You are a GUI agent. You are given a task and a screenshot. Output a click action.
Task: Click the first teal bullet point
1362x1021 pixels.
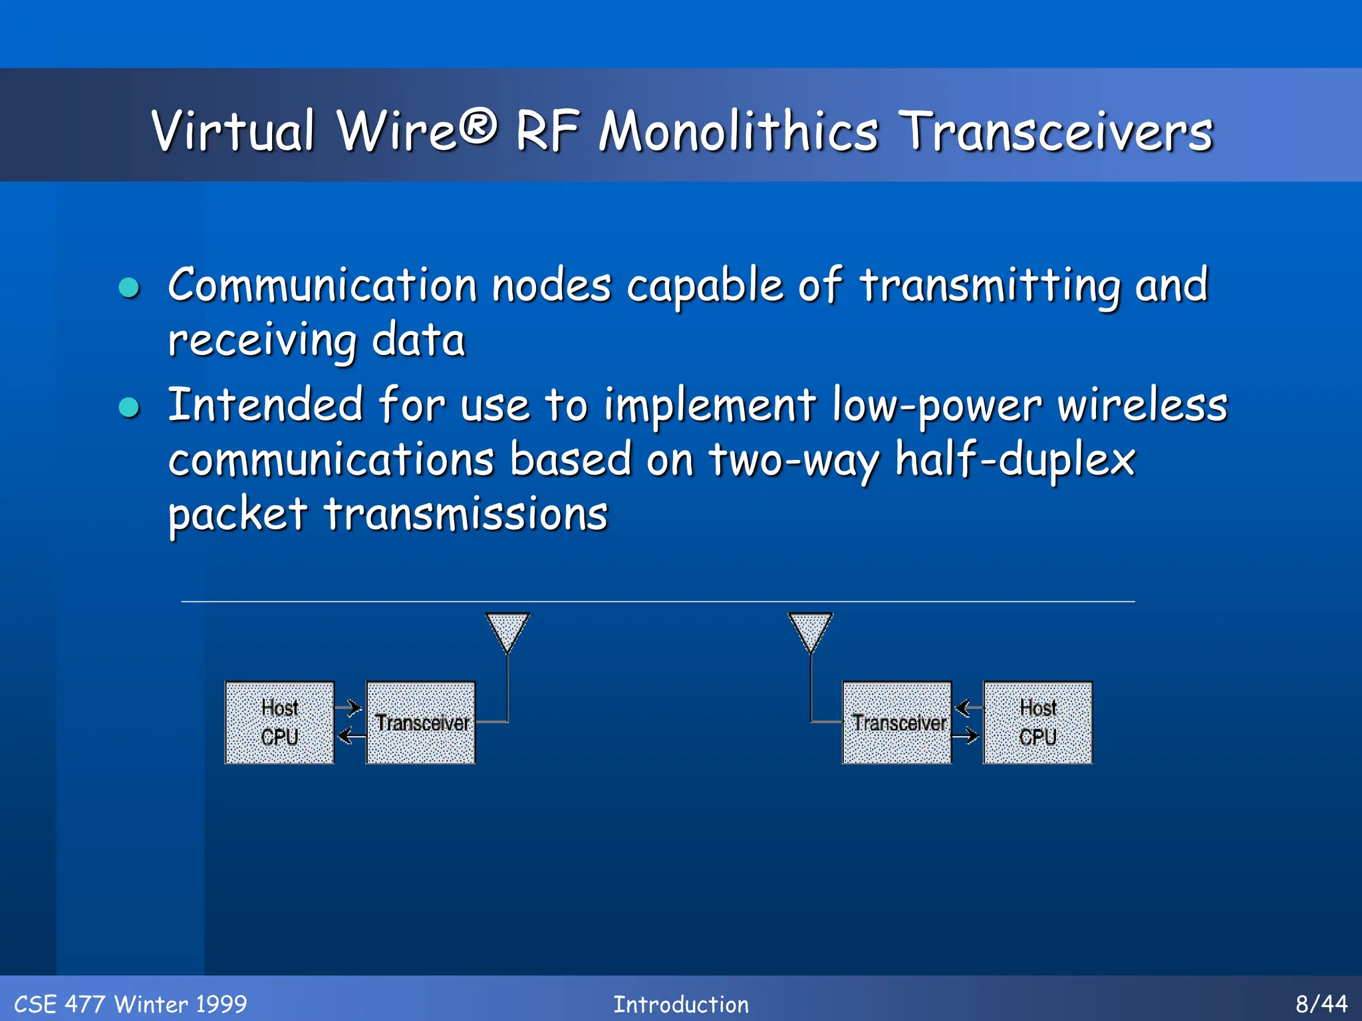129,288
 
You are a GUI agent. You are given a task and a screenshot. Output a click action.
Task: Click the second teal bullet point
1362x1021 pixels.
129,407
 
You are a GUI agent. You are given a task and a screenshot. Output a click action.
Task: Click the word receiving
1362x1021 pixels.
262,340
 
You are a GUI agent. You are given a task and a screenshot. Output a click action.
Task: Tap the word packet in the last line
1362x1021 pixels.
237,514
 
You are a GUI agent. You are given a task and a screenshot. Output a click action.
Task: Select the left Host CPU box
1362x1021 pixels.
279,723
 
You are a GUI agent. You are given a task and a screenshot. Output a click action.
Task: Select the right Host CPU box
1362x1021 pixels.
1037,723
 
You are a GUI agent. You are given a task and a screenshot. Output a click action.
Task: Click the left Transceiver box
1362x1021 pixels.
421,723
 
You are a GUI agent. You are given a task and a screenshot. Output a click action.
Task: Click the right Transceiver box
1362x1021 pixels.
897,723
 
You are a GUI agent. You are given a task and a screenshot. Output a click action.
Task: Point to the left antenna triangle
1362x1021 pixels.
507,630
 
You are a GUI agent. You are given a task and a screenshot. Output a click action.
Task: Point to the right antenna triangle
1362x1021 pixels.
810,630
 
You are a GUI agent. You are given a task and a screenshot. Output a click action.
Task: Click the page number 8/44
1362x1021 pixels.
1321,1003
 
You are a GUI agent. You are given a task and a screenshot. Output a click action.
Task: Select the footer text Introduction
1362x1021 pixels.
680,1004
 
